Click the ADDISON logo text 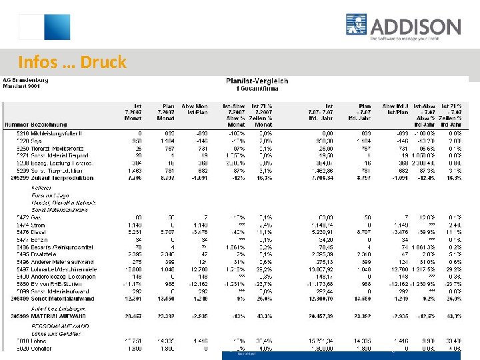(x=415, y=27)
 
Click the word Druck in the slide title (x=103, y=63)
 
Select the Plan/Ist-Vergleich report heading (x=257, y=81)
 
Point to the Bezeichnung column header (x=49, y=125)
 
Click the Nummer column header (x=16, y=125)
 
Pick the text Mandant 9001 (x=20, y=87)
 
